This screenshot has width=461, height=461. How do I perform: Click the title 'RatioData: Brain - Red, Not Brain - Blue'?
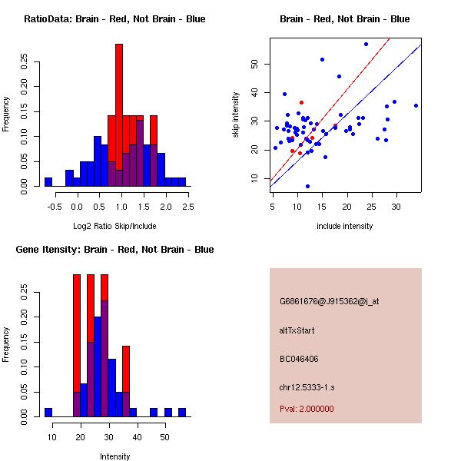114,19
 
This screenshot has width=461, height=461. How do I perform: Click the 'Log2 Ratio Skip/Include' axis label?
114,226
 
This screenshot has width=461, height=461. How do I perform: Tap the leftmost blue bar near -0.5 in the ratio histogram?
48,181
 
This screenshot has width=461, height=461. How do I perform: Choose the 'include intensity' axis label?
345,226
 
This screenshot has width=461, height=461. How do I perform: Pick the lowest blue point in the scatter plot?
307,186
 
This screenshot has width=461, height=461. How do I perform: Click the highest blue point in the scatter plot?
366,44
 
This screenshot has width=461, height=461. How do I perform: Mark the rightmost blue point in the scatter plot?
416,105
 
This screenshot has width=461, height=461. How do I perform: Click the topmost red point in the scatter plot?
301,102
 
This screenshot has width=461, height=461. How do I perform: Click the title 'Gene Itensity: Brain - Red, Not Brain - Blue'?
114,250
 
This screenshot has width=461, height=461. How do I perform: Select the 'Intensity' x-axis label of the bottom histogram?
114,456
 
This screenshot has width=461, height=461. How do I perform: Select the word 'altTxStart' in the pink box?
297,330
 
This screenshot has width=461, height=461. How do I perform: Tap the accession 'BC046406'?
300,359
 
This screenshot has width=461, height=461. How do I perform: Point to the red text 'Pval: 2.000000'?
307,409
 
